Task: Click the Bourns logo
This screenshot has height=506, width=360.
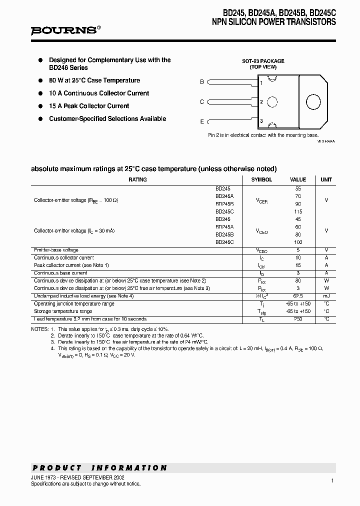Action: (65, 30)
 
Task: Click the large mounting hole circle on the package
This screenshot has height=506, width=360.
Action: (313, 101)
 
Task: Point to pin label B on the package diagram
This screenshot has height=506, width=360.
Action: (202, 82)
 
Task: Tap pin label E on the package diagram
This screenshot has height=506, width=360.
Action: (202, 121)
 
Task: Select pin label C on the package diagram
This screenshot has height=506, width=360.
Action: (202, 102)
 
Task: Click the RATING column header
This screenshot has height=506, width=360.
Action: (137, 179)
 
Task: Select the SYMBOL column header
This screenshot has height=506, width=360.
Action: (261, 179)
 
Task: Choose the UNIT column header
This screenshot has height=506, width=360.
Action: (326, 179)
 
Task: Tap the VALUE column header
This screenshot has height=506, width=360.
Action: (298, 179)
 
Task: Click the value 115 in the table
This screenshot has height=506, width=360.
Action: (298, 211)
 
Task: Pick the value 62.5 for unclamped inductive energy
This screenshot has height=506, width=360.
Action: (298, 296)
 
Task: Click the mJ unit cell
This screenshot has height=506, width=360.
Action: (326, 296)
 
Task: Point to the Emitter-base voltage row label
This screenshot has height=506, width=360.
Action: (56, 250)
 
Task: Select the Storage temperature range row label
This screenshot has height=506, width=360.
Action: (63, 311)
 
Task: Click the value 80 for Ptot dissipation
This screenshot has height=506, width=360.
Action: (298, 280)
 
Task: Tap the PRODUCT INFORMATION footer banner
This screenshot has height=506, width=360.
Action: (99, 468)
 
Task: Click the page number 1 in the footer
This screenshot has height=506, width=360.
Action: (332, 480)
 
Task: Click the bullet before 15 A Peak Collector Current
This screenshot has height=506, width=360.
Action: (41, 106)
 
